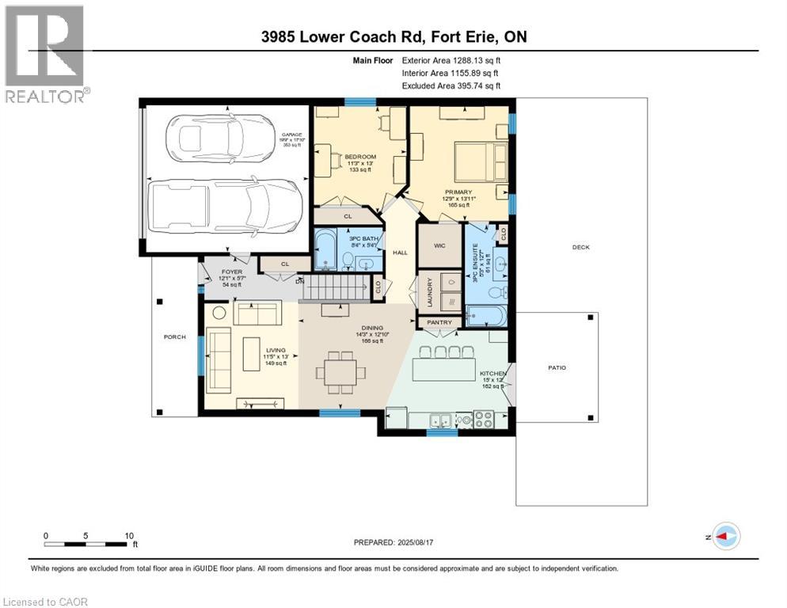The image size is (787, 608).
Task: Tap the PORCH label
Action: click(174, 337)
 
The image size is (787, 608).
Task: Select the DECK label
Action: click(581, 248)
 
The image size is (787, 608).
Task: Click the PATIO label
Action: click(557, 368)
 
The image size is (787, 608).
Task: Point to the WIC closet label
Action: click(439, 246)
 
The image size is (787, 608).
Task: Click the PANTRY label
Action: click(438, 323)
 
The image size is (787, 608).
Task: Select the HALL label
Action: click(400, 252)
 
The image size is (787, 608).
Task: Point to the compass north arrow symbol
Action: click(725, 536)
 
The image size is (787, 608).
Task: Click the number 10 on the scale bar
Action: click(129, 535)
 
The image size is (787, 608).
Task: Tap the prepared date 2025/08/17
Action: click(393, 542)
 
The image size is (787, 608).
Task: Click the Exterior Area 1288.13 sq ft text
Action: click(451, 59)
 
